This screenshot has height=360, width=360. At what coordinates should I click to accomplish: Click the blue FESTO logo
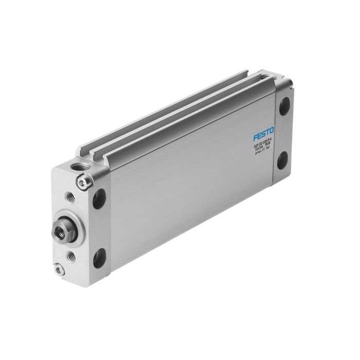263,135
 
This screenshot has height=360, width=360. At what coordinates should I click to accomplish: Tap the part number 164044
260,152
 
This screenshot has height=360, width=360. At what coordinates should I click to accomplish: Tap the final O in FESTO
272,132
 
